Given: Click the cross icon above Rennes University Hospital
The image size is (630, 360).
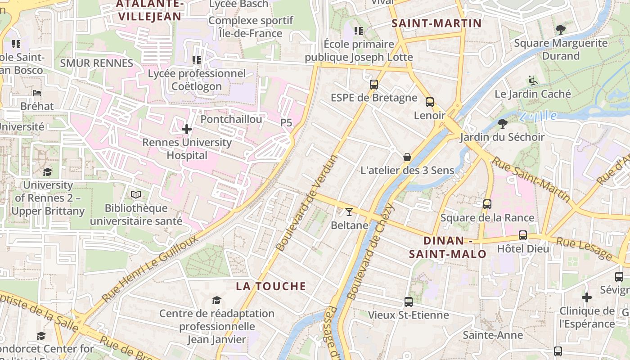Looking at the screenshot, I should coord(187,130).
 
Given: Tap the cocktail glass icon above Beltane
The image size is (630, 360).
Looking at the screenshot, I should coord(349,211).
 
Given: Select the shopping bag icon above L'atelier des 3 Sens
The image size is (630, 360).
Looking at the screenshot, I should coord(407,157).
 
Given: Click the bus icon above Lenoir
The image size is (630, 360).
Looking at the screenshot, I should coord(430,102).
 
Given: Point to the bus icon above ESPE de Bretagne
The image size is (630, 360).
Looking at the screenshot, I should coord(373,84).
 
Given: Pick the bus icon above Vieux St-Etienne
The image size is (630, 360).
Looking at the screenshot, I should coord(409,301).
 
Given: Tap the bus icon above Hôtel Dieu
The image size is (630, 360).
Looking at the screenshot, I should coord(523,235).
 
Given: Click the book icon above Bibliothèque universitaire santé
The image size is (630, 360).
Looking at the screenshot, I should coord(136,195).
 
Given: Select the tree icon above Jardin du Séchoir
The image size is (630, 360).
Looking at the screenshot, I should coord(503,123).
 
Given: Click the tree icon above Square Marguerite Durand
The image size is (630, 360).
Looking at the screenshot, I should coord(560,30).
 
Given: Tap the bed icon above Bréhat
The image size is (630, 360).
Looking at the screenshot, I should coord(37,93).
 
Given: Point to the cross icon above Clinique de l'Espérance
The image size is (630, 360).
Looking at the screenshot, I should coord(586,297).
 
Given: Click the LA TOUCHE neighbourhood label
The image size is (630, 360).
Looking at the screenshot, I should coord(271,286).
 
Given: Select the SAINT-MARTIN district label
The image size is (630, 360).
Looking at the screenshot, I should coord(436,23).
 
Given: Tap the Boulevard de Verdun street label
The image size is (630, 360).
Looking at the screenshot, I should coord(307,203).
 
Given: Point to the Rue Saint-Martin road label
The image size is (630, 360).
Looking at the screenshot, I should coord(531,179).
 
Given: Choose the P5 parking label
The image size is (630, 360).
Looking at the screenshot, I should coord(286,122).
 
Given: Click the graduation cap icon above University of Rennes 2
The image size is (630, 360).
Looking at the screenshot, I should coord(47,172).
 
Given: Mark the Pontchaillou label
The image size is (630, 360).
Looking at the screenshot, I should coord(231,119).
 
